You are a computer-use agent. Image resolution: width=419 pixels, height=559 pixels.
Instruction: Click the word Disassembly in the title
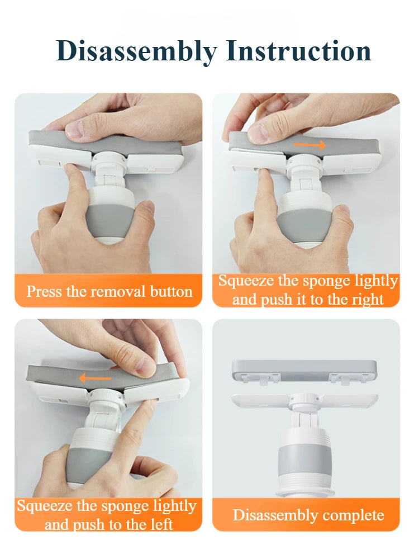pyautogui.click(x=136, y=51)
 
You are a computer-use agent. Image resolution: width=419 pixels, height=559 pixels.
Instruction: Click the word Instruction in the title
pyautogui.click(x=298, y=51)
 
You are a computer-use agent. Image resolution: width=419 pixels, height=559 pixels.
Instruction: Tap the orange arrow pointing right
pyautogui.click(x=310, y=145)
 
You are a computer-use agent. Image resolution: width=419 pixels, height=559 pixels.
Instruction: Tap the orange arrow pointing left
pyautogui.click(x=95, y=378)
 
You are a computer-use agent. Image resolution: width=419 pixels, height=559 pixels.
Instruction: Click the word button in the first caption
pyautogui.click(x=171, y=292)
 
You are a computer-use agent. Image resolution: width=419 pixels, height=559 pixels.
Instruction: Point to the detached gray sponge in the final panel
pyautogui.click(x=304, y=369)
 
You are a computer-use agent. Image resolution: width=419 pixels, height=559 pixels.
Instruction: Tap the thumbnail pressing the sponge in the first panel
pyautogui.click(x=75, y=129)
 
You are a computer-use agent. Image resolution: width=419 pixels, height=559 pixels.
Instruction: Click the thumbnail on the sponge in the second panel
pyautogui.click(x=258, y=132)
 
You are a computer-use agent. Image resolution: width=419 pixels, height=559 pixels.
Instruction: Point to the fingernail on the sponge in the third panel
pyautogui.click(x=146, y=368)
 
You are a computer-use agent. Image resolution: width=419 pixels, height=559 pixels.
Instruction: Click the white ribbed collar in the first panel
pyautogui.click(x=108, y=158)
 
